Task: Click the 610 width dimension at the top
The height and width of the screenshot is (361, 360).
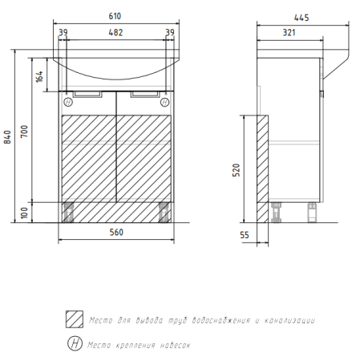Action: pyautogui.click(x=115, y=16)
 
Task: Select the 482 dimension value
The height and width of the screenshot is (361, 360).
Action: pyautogui.click(x=115, y=33)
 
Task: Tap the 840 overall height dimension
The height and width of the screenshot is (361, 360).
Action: pyautogui.click(x=7, y=137)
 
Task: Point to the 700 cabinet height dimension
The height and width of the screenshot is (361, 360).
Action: pyautogui.click(x=24, y=132)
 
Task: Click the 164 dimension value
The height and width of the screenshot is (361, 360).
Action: pyautogui.click(x=39, y=76)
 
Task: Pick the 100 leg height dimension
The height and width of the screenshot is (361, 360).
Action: pyautogui.click(x=24, y=213)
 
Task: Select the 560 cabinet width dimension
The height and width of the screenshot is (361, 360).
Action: pyautogui.click(x=116, y=232)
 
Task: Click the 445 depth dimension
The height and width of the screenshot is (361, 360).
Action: pyautogui.click(x=301, y=18)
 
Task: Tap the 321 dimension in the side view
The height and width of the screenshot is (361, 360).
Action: pyautogui.click(x=289, y=33)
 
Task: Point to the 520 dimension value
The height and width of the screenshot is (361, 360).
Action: pyautogui.click(x=236, y=170)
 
